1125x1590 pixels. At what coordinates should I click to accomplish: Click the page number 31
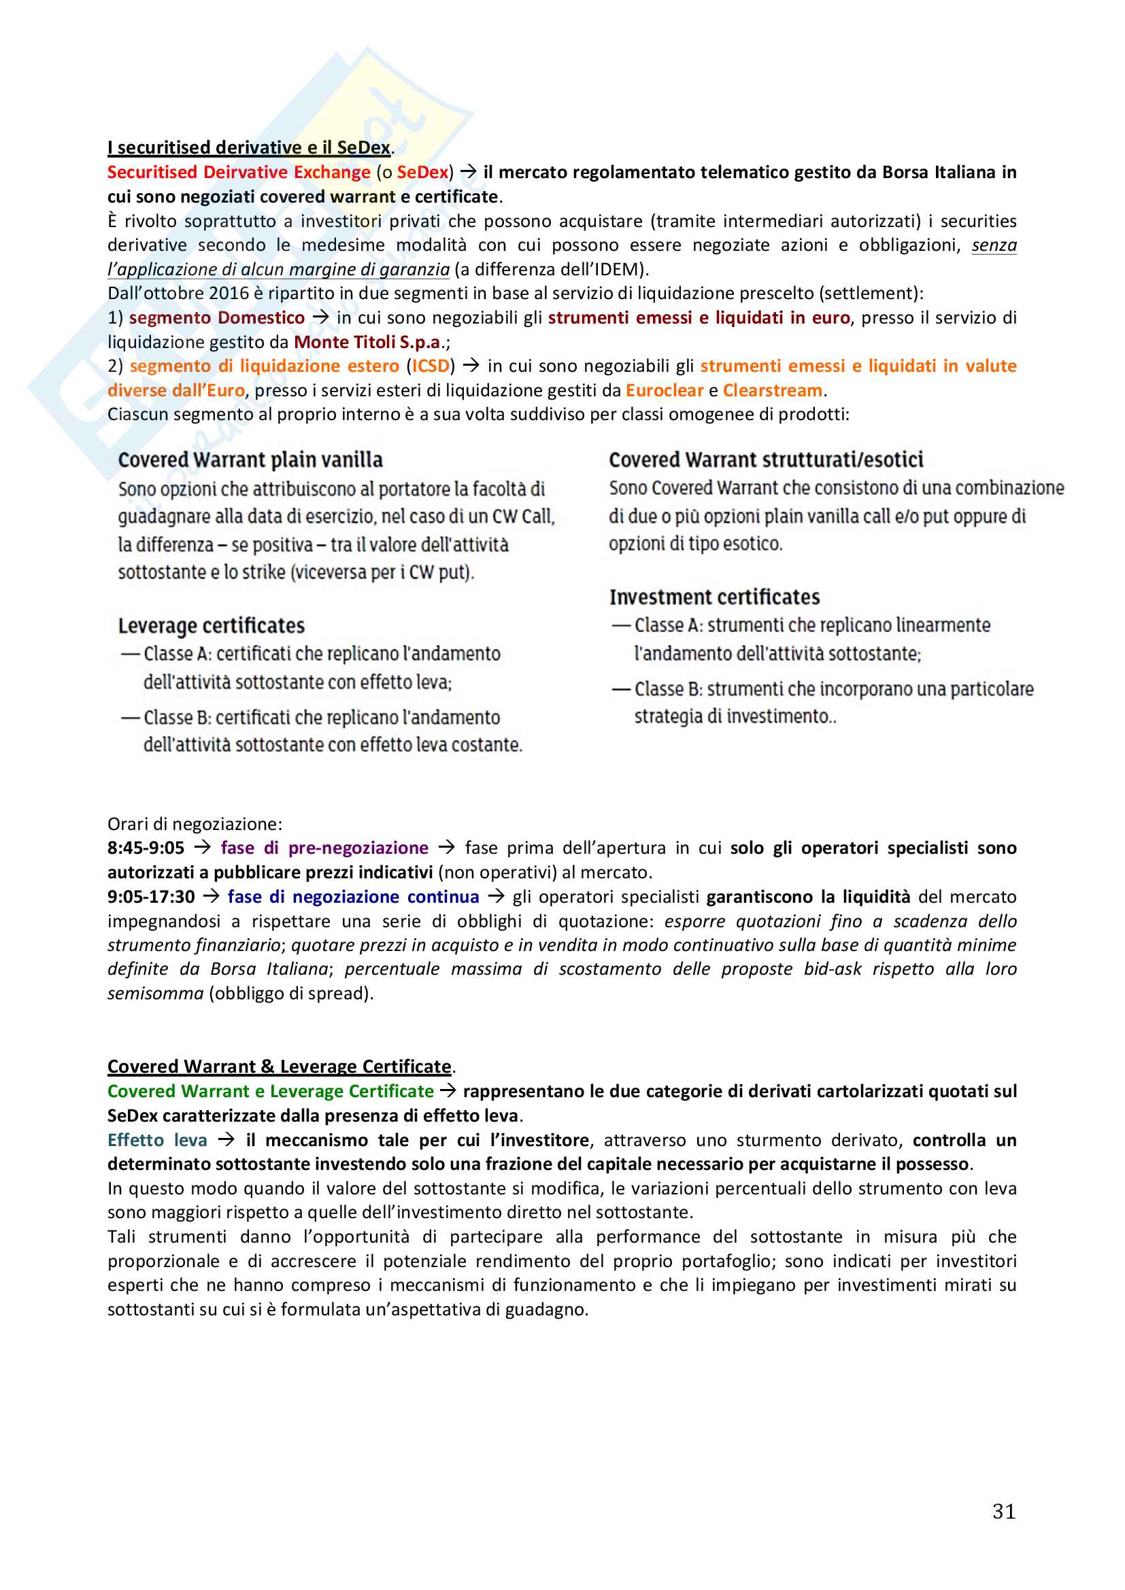pos(1004,1510)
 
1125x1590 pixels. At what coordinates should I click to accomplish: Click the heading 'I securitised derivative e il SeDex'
pos(249,148)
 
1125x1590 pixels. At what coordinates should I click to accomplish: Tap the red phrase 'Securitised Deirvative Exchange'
pos(238,172)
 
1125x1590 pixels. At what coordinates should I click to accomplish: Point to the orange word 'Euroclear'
pos(665,391)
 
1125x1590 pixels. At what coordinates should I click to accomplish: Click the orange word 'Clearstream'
pos(773,391)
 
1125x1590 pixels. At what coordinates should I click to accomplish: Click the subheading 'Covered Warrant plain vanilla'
pos(250,460)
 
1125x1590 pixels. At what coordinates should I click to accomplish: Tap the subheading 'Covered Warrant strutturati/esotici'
pos(766,460)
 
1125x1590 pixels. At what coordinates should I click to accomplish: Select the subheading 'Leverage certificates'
pos(212,625)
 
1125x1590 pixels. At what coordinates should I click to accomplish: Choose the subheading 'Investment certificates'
pos(714,597)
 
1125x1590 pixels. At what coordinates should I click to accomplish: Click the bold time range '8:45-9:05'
pos(146,848)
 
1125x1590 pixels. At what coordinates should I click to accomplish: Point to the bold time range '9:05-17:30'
pos(151,897)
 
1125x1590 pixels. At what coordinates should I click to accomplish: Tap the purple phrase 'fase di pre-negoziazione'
pos(324,848)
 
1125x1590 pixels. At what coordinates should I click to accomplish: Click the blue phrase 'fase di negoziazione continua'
pos(353,897)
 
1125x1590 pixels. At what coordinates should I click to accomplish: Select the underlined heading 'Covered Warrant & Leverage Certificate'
pos(279,1067)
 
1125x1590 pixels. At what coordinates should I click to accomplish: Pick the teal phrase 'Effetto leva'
pos(157,1140)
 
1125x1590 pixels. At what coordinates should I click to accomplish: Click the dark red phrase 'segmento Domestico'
pos(217,318)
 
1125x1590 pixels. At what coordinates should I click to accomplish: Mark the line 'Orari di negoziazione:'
pos(195,824)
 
